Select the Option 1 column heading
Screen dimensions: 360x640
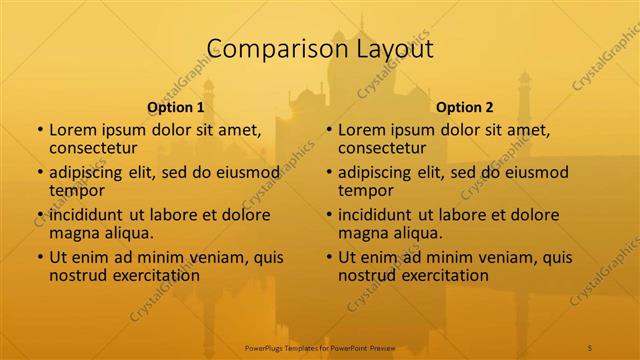(x=176, y=107)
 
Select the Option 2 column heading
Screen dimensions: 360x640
(x=465, y=107)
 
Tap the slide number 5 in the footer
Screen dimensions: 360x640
(x=590, y=346)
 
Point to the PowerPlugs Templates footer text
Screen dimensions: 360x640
(x=321, y=346)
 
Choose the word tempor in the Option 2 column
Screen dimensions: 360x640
(x=365, y=190)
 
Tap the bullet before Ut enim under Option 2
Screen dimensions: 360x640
(x=329, y=257)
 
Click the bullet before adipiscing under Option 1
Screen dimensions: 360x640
(x=40, y=172)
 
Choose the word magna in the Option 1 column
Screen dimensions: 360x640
(x=73, y=233)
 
